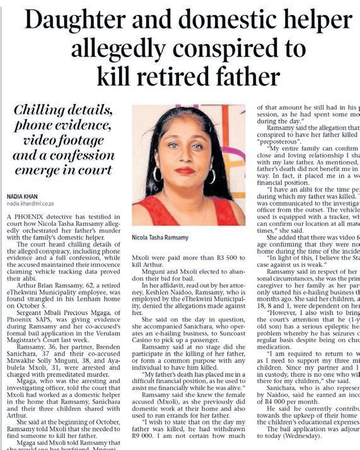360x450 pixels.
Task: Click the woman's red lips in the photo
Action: click(x=185, y=171)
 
